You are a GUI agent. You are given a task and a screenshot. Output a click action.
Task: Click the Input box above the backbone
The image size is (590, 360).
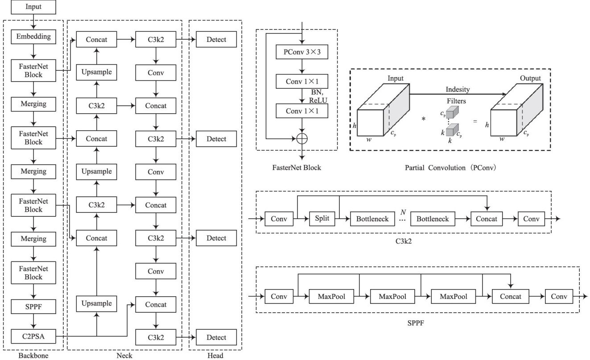tap(34, 7)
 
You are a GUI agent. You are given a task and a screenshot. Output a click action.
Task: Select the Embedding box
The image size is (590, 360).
tap(34, 37)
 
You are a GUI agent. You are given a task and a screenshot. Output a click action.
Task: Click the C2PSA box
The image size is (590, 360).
tap(34, 337)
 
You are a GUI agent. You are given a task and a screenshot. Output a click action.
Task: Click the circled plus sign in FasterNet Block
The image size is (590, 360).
tap(302, 138)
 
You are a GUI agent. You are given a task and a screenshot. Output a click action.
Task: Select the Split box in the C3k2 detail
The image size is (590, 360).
tap(322, 219)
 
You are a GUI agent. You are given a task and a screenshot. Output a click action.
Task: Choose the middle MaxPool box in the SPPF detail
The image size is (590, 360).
tap(392, 296)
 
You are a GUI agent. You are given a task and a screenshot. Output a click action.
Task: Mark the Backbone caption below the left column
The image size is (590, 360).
tap(34, 356)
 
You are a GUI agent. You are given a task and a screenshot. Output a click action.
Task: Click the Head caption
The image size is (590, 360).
tap(215, 356)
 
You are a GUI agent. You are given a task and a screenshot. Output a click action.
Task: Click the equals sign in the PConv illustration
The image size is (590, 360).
tap(475, 121)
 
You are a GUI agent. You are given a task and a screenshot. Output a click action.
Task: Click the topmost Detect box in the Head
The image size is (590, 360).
tap(216, 39)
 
